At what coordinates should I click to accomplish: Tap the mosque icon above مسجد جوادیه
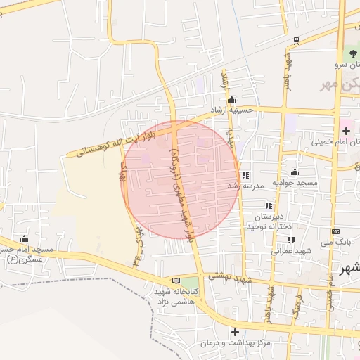[x=294, y=172]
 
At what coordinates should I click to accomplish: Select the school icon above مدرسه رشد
[x=245, y=175]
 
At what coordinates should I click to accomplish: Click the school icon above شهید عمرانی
[x=290, y=240]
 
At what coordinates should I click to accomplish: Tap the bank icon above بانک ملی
[x=335, y=231]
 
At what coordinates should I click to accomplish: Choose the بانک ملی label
[x=335, y=242]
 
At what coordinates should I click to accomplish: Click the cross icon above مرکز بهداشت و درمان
[x=235, y=332]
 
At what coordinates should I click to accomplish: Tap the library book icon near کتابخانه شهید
[x=176, y=281]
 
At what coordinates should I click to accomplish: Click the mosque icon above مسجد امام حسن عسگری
[x=25, y=238]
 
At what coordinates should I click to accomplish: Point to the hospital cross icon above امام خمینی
[x=347, y=131]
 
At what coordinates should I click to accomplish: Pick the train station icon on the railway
[x=296, y=41]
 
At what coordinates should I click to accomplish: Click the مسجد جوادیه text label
[x=297, y=183]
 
